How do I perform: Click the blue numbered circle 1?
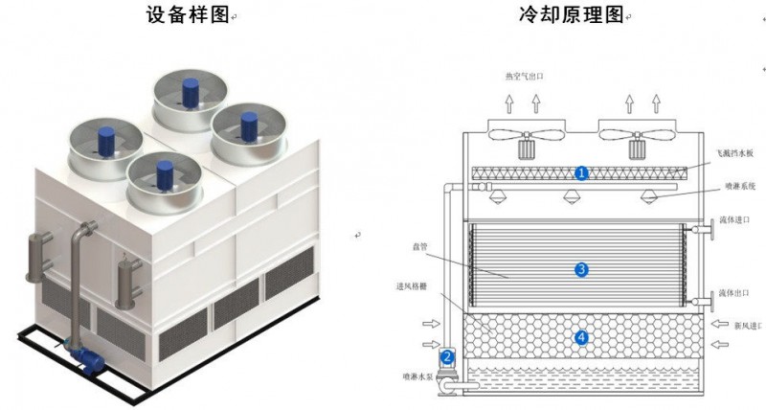click(x=581, y=172)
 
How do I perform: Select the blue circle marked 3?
click(x=580, y=271)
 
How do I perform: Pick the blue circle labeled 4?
click(x=580, y=337)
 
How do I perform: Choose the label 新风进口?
click(x=746, y=326)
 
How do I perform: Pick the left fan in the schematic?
click(x=526, y=132)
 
